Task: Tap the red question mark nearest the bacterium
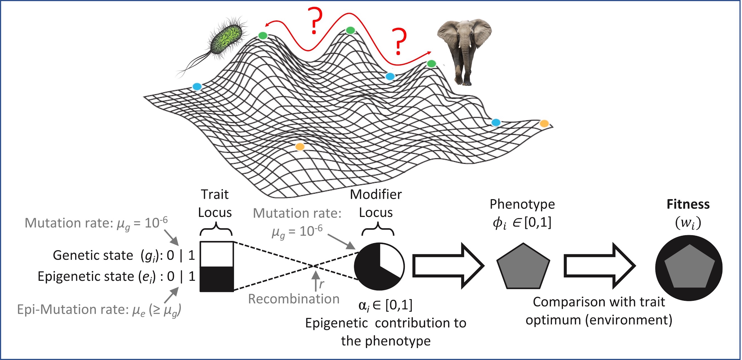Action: (315, 20)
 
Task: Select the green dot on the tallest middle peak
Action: (350, 30)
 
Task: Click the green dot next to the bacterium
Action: (263, 35)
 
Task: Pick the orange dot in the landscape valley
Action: (300, 147)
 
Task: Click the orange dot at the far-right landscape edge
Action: (544, 124)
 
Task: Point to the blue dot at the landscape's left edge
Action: (197, 87)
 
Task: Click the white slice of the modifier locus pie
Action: (390, 259)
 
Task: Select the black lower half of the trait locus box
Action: (217, 279)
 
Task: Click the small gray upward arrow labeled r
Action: (316, 281)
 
